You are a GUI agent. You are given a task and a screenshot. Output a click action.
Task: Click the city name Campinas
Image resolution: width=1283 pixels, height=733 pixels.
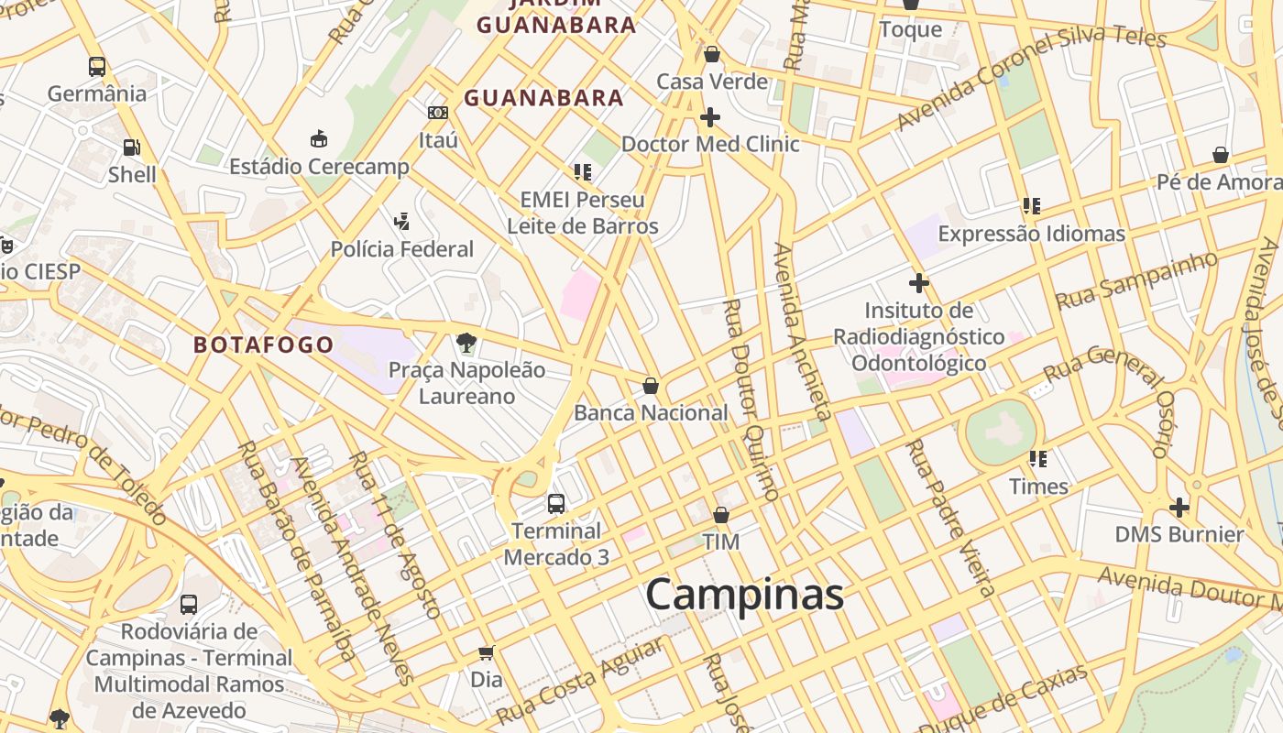pyautogui.click(x=744, y=595)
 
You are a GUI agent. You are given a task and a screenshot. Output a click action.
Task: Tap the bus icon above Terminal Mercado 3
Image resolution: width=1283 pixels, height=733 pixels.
pyautogui.click(x=555, y=503)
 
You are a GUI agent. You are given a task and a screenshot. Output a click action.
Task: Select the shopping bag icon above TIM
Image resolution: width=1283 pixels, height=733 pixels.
pyautogui.click(x=721, y=515)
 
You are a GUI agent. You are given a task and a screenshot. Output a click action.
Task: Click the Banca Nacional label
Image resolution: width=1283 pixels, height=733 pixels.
pyautogui.click(x=651, y=412)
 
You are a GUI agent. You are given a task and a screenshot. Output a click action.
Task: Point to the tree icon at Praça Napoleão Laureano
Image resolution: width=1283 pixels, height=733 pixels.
pyautogui.click(x=466, y=344)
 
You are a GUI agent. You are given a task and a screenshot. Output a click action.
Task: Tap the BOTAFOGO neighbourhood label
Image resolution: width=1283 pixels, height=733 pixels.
pyautogui.click(x=264, y=345)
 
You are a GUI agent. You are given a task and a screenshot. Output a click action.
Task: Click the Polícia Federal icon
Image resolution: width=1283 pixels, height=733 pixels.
pyautogui.click(x=401, y=222)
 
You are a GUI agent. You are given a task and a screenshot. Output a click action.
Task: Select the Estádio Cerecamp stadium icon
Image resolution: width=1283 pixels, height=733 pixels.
pyautogui.click(x=319, y=139)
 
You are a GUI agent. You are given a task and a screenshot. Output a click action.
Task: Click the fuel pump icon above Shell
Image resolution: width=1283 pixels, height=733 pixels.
pyautogui.click(x=132, y=147)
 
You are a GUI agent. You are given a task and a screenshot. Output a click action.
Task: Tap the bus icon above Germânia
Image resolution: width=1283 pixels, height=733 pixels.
pyautogui.click(x=97, y=66)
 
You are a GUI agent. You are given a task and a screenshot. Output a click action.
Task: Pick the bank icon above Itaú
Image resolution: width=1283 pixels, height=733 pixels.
pyautogui.click(x=438, y=113)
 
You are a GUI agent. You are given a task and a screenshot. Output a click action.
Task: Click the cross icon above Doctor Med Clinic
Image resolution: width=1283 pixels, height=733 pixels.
pyautogui.click(x=709, y=117)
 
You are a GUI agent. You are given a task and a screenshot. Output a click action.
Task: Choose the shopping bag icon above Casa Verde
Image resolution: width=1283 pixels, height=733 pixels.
pyautogui.click(x=712, y=55)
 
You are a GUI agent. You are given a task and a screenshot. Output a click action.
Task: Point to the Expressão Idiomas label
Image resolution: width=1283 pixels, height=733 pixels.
pyautogui.click(x=1031, y=234)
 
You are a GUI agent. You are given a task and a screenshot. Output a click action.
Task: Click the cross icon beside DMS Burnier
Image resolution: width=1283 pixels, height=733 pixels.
pyautogui.click(x=1179, y=507)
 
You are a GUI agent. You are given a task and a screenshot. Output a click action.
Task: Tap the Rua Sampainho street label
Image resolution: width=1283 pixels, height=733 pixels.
pyautogui.click(x=1136, y=279)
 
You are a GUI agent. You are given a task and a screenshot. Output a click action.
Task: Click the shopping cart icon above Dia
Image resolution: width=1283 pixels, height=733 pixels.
pyautogui.click(x=487, y=652)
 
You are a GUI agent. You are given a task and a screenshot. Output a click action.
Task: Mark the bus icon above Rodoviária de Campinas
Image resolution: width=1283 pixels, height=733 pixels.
pyautogui.click(x=189, y=605)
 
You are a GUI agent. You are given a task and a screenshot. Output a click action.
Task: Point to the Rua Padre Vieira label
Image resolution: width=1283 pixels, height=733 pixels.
pyautogui.click(x=950, y=518)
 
